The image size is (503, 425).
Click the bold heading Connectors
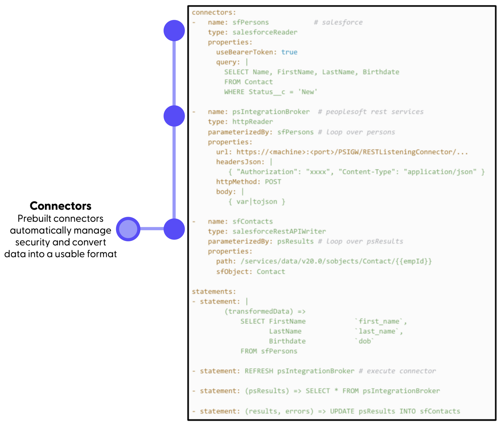pos(60,205)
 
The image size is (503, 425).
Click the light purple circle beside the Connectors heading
pos(128,229)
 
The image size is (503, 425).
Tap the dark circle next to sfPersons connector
pos(174,31)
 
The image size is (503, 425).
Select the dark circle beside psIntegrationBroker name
pos(174,116)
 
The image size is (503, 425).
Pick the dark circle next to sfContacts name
pos(174,229)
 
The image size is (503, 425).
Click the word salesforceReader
pos(265,32)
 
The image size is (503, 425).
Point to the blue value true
pos(289,52)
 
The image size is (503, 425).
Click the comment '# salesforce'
pos(338,22)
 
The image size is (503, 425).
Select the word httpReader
pos(253,122)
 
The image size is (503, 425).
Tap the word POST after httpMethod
pos(273,182)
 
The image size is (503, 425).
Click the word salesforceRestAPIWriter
pos(279,231)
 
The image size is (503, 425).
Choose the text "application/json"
pos(440,172)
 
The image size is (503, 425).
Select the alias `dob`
pos(365,341)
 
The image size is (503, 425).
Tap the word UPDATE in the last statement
pos(342,411)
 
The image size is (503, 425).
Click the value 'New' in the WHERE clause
pos(308,92)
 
